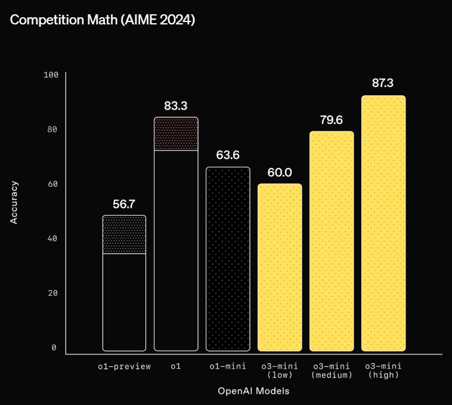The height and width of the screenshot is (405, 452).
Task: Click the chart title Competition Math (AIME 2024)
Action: coord(103,20)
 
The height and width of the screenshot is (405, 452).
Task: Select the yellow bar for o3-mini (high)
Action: coord(383,223)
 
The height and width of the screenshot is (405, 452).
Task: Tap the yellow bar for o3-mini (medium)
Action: coord(332,241)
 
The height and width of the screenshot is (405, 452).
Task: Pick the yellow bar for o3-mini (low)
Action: coord(280,267)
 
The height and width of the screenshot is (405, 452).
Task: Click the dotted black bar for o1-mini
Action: coord(228,259)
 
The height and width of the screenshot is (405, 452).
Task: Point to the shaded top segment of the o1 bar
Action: coord(176,134)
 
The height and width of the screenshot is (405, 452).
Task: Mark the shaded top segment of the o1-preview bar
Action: coord(124,235)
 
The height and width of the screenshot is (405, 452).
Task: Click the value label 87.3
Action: coord(383,83)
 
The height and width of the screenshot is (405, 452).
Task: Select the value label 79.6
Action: coord(331,120)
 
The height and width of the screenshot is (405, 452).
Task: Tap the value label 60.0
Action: coord(280,173)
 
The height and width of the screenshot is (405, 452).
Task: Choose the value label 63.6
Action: coord(228,155)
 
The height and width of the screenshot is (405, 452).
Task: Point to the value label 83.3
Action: coord(176,106)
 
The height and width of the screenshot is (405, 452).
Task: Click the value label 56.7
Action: coord(124,204)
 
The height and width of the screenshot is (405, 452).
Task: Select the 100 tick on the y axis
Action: coord(51,75)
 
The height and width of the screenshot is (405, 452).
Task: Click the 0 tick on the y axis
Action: coord(54,348)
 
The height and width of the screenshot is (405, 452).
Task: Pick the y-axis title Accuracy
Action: coord(14,202)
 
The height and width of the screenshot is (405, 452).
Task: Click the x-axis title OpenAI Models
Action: coord(253,391)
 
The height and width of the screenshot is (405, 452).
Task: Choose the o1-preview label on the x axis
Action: coord(125,366)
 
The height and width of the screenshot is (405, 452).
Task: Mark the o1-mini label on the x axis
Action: coord(228,366)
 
